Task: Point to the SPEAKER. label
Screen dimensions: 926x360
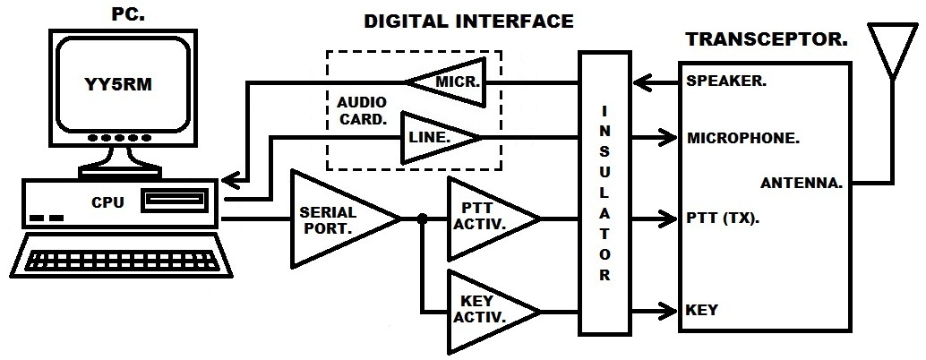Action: [x=726, y=81]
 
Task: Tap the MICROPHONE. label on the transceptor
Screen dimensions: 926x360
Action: [x=743, y=138]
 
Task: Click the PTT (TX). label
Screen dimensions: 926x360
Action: [x=723, y=219]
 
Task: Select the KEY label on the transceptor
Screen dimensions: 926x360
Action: [x=701, y=310]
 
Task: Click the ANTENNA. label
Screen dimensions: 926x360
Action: [x=801, y=183]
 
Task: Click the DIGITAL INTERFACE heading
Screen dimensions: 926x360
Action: [x=468, y=21]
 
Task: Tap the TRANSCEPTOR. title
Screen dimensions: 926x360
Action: [x=767, y=39]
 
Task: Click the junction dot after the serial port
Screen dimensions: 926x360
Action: [x=422, y=219]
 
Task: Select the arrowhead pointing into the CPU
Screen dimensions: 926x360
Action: [x=231, y=177]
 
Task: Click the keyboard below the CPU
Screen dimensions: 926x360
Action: [x=122, y=255]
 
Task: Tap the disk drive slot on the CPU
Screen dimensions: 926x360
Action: [x=175, y=200]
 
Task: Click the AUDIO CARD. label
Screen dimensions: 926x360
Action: [x=362, y=110]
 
